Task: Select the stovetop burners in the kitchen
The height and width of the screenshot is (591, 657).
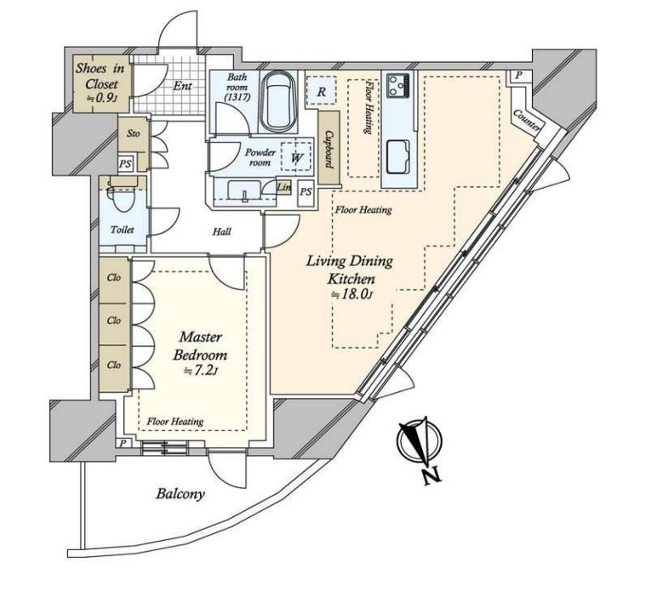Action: tap(398, 85)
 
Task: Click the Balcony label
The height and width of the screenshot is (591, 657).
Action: tap(180, 494)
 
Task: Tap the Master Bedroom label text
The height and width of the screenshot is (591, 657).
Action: tap(200, 346)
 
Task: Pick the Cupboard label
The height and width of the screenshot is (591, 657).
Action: tap(328, 149)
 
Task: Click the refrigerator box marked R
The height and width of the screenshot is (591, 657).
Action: tap(321, 91)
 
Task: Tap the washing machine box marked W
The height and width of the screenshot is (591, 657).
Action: tap(296, 157)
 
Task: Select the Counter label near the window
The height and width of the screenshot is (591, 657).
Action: tap(525, 121)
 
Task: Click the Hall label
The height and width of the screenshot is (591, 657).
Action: tap(221, 231)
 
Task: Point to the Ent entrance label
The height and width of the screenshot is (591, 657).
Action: tap(183, 86)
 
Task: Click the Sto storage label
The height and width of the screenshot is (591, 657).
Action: tap(134, 134)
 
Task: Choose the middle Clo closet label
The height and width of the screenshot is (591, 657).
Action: tap(113, 321)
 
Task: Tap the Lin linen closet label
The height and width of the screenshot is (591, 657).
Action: tap(283, 188)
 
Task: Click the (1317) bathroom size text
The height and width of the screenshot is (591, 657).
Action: tap(237, 98)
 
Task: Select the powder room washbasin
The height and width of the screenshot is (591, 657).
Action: tap(244, 190)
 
